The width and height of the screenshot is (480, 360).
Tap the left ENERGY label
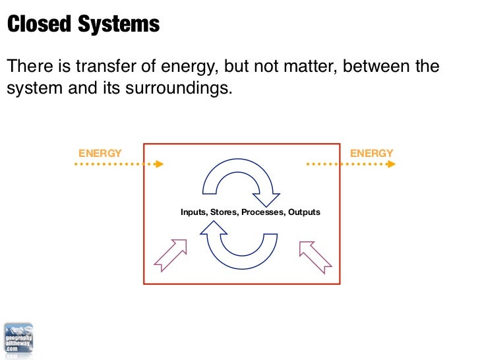click(100, 153)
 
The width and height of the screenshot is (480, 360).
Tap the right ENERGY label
click(371, 153)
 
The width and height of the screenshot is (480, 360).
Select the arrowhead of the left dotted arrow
click(159, 164)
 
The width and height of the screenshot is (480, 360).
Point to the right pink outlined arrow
click(314, 255)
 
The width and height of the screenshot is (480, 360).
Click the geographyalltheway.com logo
click(18, 340)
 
